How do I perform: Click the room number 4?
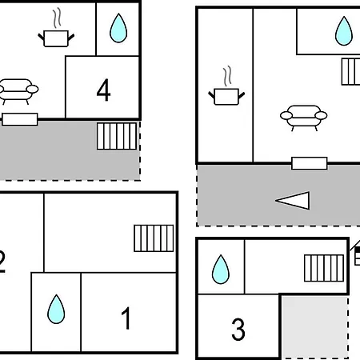(x=103, y=90)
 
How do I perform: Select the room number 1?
(x=126, y=318)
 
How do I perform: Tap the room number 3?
(x=238, y=330)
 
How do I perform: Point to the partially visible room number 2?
(x=2, y=262)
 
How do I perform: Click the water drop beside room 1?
(x=56, y=309)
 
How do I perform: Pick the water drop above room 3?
(x=221, y=270)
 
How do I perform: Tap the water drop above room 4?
(x=118, y=28)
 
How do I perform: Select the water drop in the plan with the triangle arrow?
(x=344, y=31)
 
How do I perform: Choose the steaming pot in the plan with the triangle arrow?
(x=226, y=86)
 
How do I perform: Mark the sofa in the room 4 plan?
(x=18, y=91)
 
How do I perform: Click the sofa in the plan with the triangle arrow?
(x=304, y=118)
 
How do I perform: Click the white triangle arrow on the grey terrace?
(x=293, y=201)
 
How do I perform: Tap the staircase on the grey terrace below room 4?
(x=117, y=136)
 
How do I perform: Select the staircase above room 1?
(x=154, y=238)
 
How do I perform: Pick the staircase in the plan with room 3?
(x=324, y=268)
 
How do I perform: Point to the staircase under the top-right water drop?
(x=351, y=72)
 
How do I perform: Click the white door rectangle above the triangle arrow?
(x=310, y=163)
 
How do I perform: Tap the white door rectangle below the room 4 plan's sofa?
(x=20, y=119)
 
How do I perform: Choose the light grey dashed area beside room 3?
(x=315, y=327)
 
